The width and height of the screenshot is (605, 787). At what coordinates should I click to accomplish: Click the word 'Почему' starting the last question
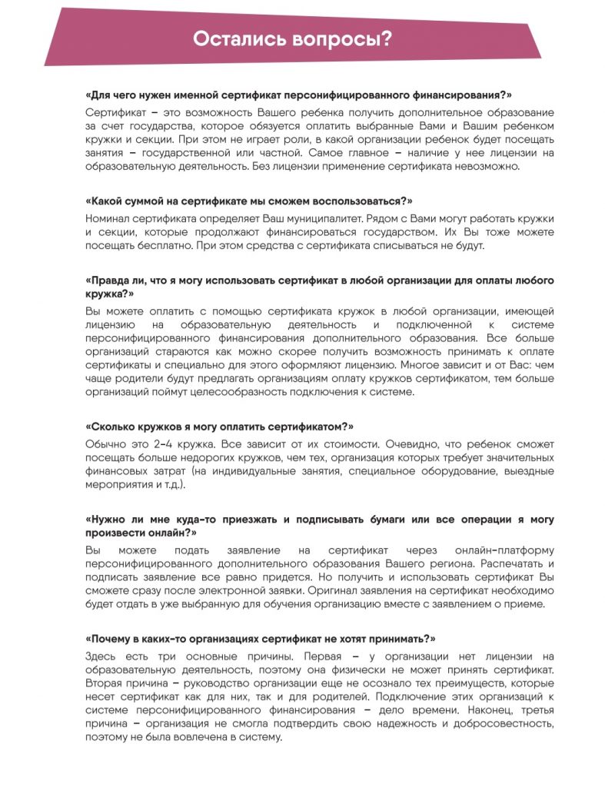pyautogui.click(x=112, y=638)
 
